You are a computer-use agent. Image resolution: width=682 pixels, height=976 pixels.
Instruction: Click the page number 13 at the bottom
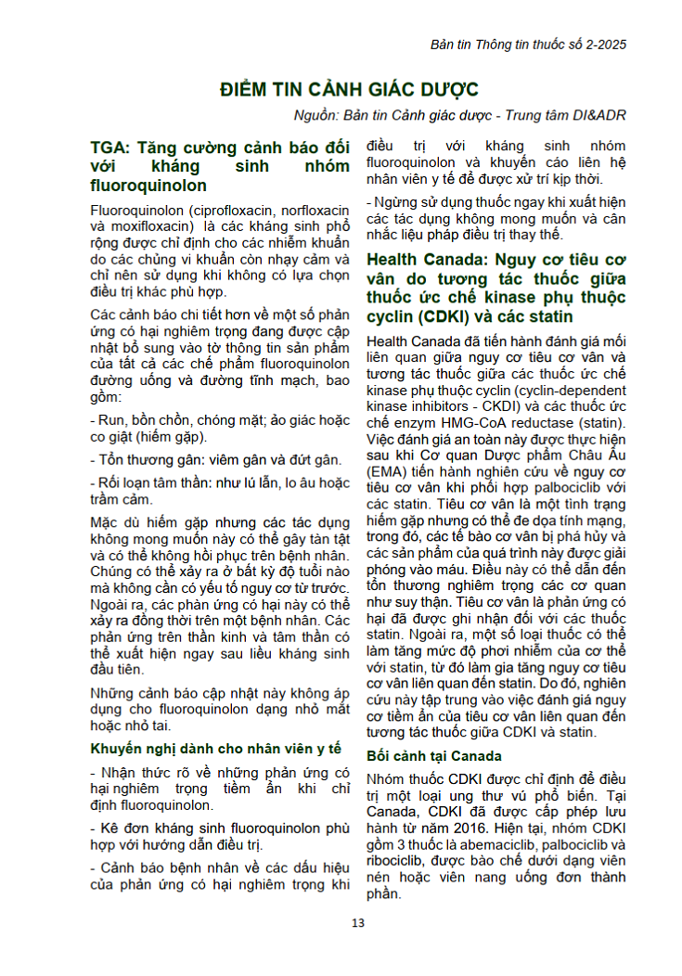[358, 921]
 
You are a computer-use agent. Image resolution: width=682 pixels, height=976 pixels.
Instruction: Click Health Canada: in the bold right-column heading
[422, 259]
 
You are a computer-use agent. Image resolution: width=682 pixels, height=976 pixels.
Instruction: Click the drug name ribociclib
[397, 861]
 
